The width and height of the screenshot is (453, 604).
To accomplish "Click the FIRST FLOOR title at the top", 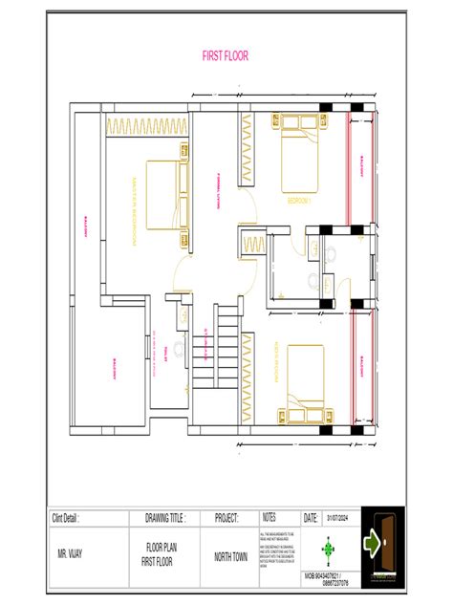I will [x=225, y=56].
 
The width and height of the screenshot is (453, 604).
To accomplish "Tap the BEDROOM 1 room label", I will [x=300, y=202].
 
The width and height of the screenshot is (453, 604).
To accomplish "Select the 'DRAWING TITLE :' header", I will [x=164, y=517].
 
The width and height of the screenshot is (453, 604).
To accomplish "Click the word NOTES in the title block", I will [x=269, y=516].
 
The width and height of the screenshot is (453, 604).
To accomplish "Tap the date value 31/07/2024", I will [x=338, y=517].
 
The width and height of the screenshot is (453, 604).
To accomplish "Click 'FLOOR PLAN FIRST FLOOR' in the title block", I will [x=164, y=553].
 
